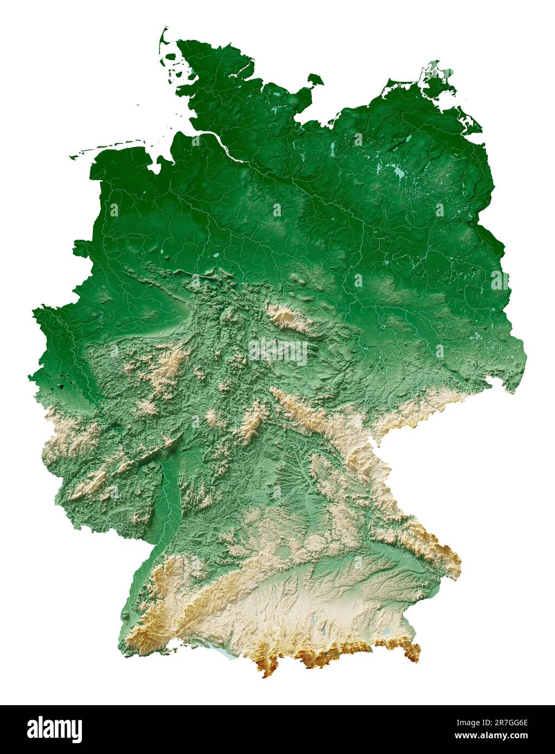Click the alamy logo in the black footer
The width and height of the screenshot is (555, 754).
coord(54,730)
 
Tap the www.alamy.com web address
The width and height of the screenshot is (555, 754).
coord(491,736)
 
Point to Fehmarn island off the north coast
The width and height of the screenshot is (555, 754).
coord(315,80)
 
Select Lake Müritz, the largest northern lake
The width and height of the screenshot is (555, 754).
coord(399,172)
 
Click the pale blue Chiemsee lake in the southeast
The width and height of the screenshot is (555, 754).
coord(386,631)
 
